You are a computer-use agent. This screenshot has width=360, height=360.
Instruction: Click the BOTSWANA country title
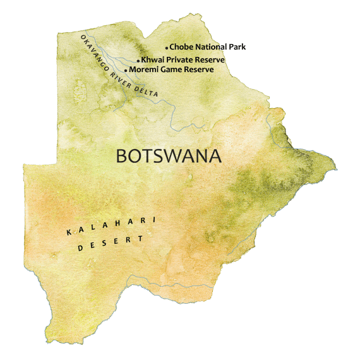pos(169,156)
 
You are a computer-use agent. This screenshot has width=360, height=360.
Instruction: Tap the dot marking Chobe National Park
pos(167,47)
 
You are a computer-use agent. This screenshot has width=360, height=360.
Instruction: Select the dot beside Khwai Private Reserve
pos(138,61)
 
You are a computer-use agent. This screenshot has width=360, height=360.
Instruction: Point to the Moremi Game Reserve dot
pos(126,70)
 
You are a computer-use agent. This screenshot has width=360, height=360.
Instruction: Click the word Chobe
pos(181,47)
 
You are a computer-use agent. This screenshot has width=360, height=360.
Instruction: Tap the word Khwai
pos(152,60)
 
